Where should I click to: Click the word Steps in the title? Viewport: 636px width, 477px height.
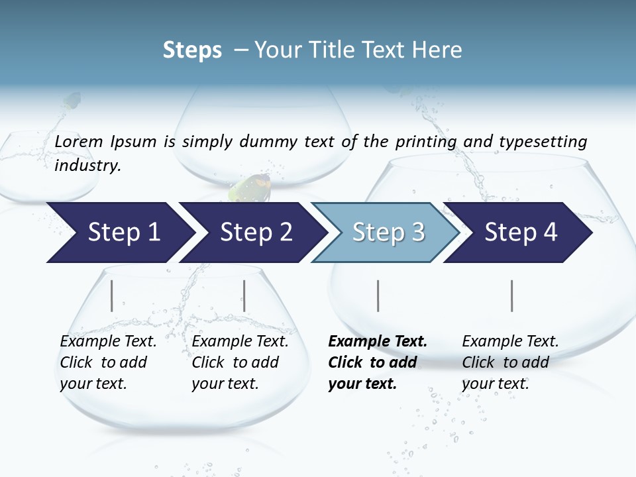click(x=192, y=50)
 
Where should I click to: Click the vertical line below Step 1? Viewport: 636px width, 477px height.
click(x=112, y=295)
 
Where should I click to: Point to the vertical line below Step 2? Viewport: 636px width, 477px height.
click(x=244, y=295)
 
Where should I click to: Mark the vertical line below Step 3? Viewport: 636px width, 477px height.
click(x=378, y=295)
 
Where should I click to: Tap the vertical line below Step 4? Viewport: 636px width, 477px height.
click(x=512, y=295)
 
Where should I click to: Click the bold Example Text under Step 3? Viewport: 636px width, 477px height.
click(x=378, y=342)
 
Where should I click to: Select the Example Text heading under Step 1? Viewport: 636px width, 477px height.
click(x=108, y=342)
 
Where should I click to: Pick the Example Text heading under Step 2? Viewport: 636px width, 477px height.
click(x=240, y=342)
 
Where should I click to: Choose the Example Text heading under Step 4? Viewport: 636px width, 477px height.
click(x=510, y=342)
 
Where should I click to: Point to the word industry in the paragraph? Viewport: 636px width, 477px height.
click(x=87, y=166)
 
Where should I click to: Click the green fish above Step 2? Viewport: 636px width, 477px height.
click(x=250, y=188)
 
